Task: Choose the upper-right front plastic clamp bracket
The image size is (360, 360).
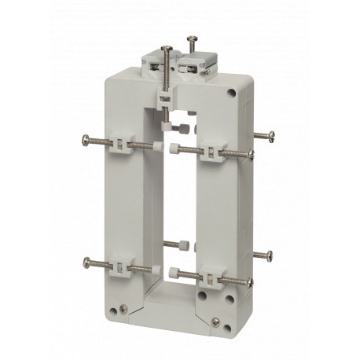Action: [x=211, y=151]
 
